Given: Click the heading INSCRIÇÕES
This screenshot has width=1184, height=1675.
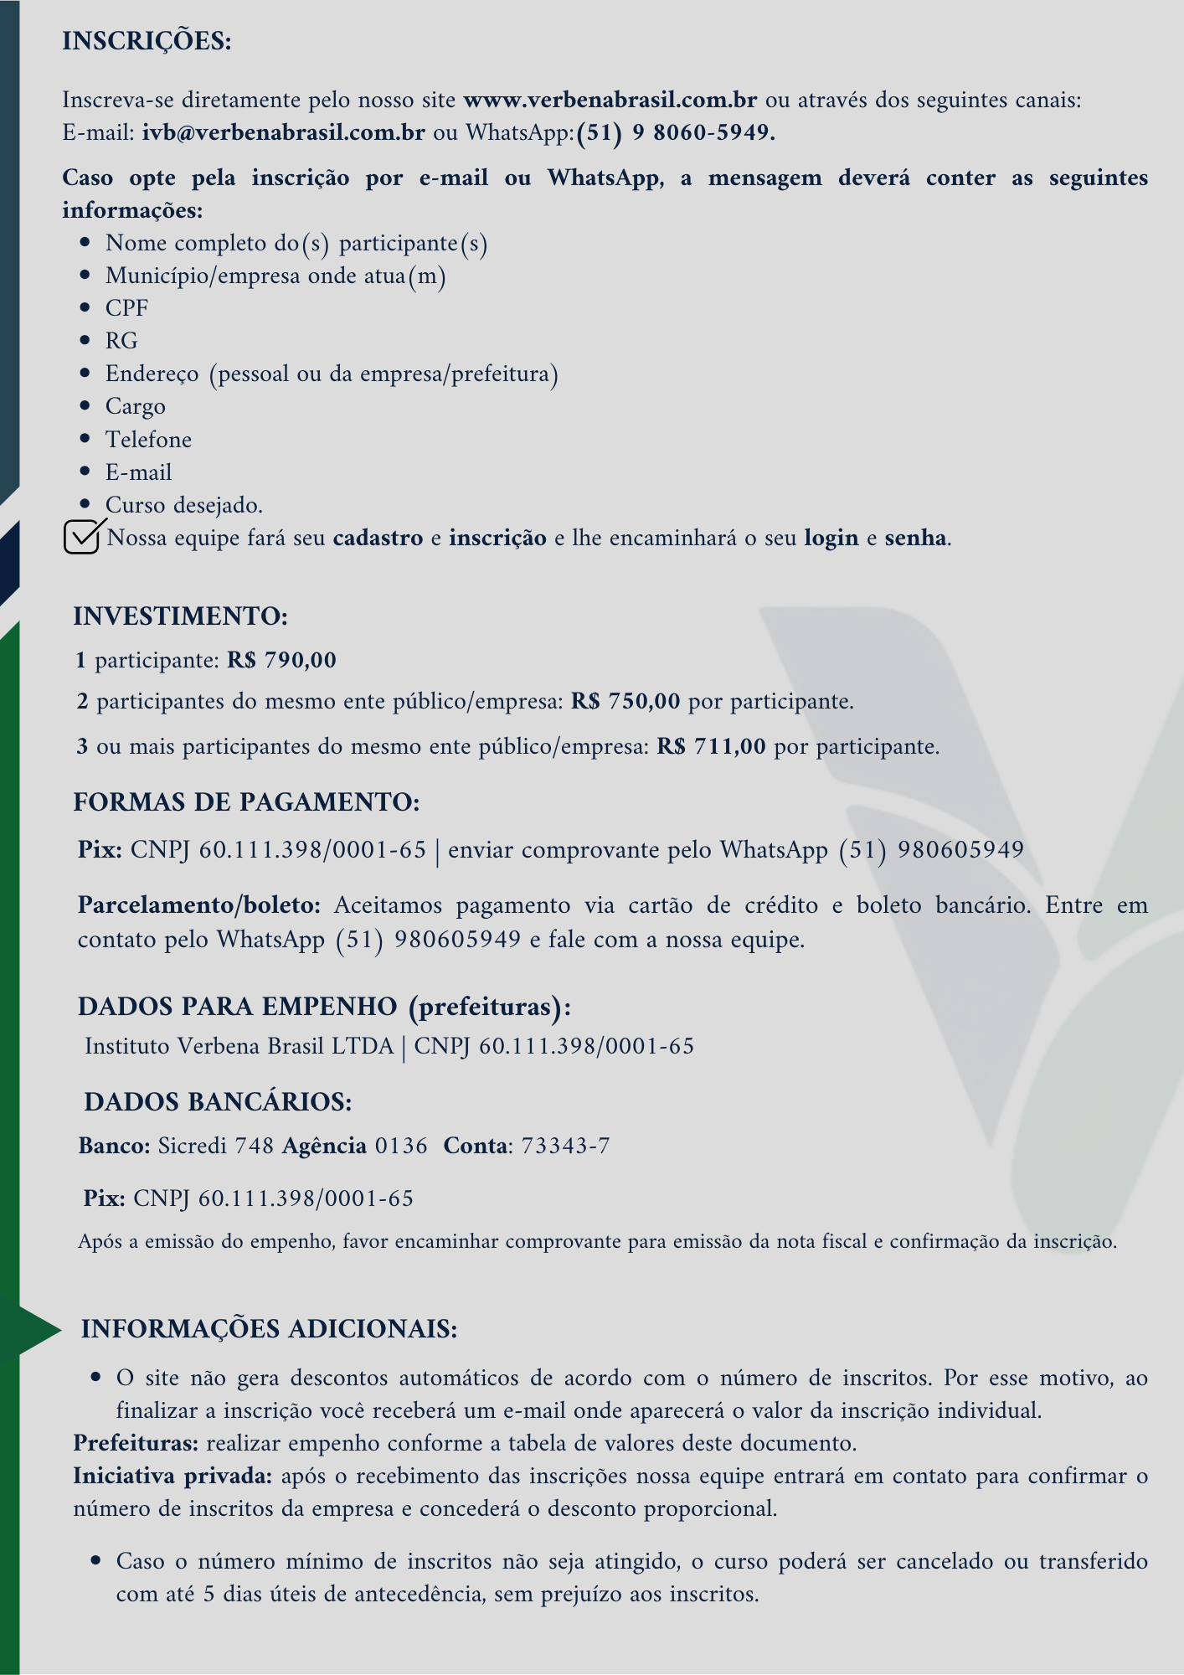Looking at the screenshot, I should pos(147,41).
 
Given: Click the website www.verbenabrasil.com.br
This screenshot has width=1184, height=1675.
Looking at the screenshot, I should pos(610,100).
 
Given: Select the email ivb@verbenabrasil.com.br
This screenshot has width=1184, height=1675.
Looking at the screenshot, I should pos(283,133).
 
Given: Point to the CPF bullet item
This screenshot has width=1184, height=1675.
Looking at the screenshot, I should pos(126,308).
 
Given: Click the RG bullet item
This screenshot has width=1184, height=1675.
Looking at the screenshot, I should pos(121,341).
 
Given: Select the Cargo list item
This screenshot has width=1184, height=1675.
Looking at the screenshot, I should pos(135,407).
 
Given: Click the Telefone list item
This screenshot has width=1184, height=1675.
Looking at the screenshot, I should pos(148,440).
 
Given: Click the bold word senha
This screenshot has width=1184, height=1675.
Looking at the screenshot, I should pos(916,538).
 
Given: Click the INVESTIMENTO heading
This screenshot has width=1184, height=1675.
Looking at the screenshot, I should pos(180,616).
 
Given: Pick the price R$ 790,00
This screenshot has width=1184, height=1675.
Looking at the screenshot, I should pos(281,661).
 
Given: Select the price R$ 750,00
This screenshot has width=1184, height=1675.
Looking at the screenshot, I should pos(625,701).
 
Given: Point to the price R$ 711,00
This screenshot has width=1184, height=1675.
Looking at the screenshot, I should pos(711,746).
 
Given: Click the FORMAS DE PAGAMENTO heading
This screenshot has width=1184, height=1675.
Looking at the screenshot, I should pos(246,802).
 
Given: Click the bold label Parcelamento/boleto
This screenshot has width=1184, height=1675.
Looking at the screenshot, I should pos(199,905).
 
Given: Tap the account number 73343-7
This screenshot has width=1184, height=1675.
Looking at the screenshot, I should pos(565,1146).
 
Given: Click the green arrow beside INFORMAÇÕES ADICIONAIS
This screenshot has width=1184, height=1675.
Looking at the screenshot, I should pos(38,1329).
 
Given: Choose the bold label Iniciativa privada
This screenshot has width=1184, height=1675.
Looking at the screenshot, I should pos(172,1476).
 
